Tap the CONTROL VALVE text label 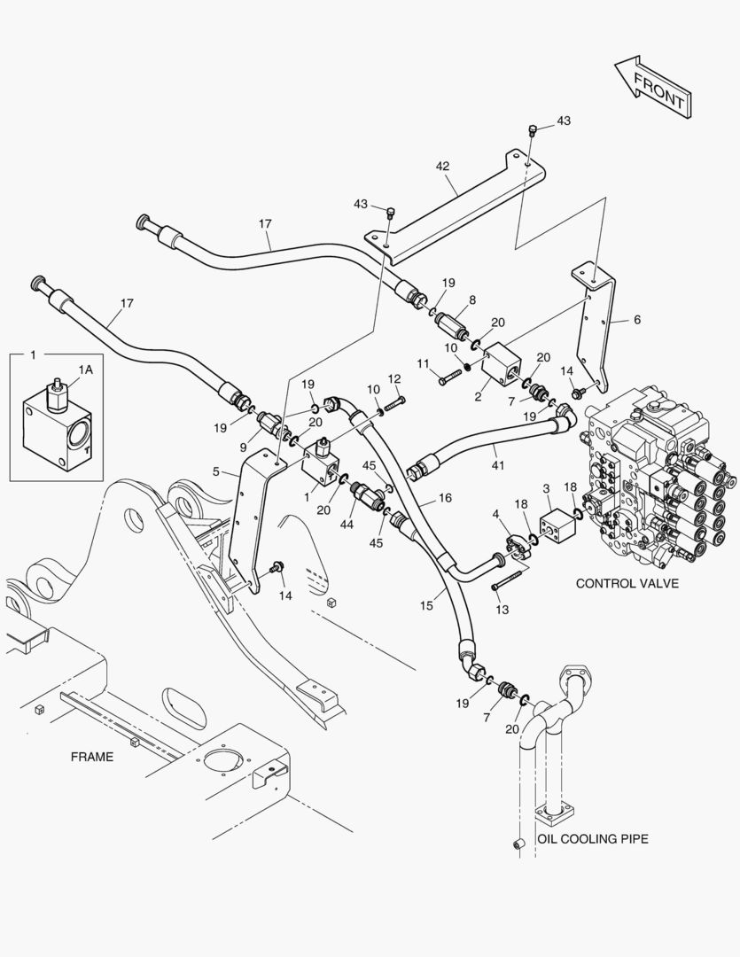point(627,583)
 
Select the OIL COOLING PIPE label point(593,838)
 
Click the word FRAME point(92,756)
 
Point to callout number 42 point(443,166)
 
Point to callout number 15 point(426,605)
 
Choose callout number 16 point(445,498)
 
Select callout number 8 point(472,300)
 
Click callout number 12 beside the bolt point(394,378)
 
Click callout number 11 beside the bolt point(422,363)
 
